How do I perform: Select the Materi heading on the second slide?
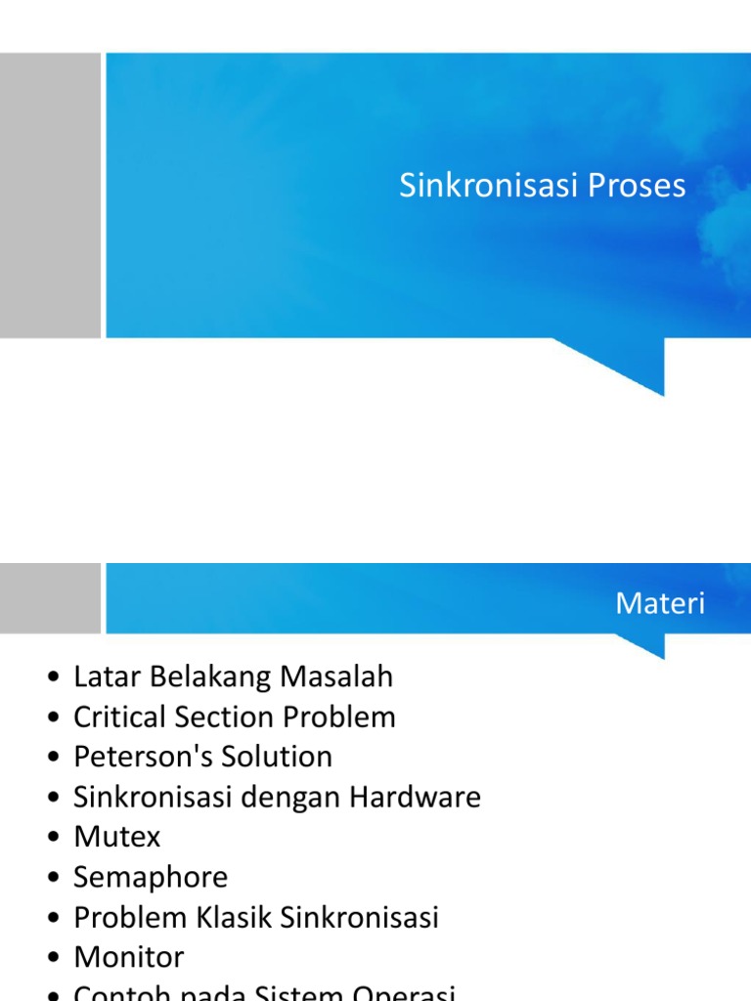660,604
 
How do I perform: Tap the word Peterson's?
133,757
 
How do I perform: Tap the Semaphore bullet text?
151,877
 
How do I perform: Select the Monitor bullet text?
128,957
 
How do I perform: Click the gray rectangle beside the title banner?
50,196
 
